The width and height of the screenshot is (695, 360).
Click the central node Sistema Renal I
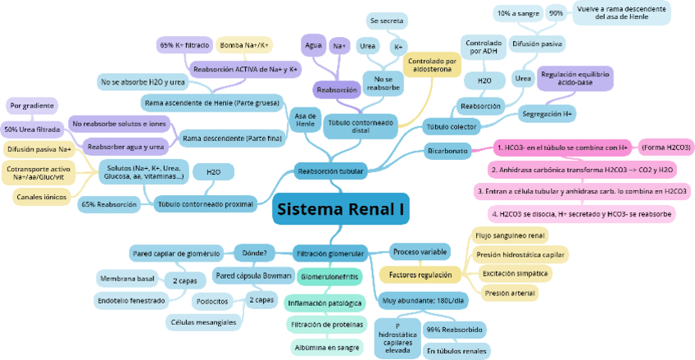coord(340,210)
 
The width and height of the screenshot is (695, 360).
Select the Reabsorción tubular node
coord(330,171)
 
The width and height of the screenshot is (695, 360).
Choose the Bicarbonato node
coord(447,151)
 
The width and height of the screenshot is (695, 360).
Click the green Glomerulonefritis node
coord(329,277)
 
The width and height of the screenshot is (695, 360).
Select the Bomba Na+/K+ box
coord(246,44)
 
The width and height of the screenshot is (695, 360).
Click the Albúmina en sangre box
coord(325,348)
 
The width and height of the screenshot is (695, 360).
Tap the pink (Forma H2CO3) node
coord(665,148)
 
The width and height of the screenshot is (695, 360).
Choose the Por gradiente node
coord(33,106)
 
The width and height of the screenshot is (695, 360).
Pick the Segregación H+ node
coord(547,112)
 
